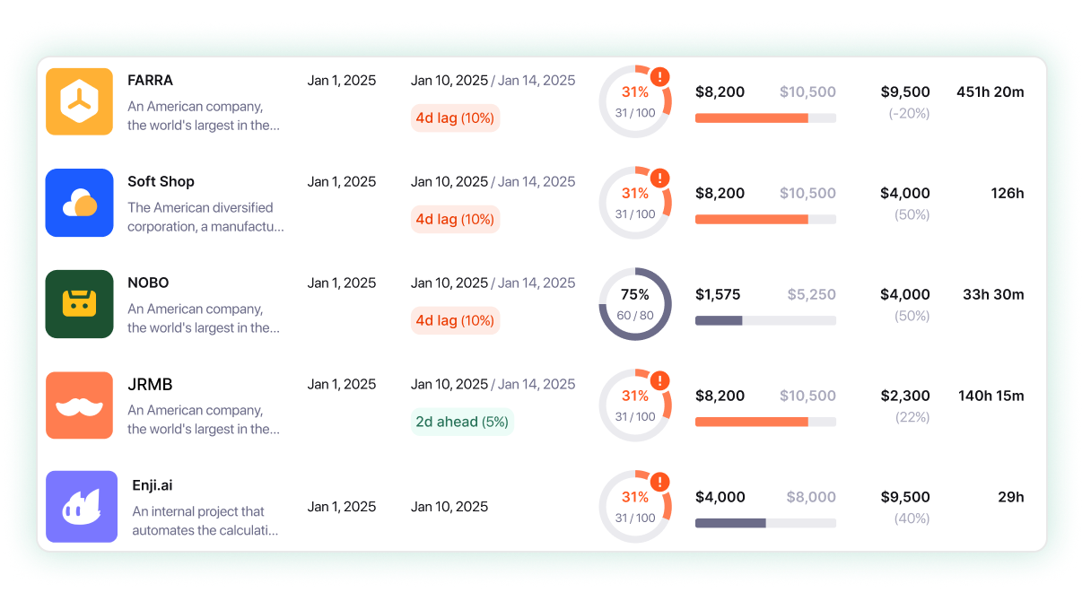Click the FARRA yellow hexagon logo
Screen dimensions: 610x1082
point(79,101)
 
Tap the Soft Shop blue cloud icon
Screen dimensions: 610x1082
point(79,203)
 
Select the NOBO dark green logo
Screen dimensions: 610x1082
point(79,304)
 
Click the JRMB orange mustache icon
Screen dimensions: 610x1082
point(79,405)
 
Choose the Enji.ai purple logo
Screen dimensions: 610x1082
point(82,507)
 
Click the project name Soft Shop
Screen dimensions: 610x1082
point(161,181)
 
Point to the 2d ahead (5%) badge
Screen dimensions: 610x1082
point(461,422)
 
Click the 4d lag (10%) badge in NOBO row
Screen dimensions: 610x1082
point(455,320)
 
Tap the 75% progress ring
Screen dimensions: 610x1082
point(635,304)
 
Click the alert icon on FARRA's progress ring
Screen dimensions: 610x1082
point(661,77)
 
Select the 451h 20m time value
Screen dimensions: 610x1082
point(990,91)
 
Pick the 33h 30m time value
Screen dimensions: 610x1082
point(993,294)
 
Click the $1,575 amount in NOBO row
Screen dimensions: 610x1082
point(718,294)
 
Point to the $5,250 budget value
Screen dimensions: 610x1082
point(811,294)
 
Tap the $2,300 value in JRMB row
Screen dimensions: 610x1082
point(904,396)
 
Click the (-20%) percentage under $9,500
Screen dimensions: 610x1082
point(908,113)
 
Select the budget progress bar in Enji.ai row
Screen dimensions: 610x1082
point(765,523)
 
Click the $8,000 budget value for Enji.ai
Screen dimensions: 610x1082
point(811,497)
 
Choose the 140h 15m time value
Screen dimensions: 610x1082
point(990,396)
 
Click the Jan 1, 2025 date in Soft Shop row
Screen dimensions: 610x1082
point(342,181)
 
